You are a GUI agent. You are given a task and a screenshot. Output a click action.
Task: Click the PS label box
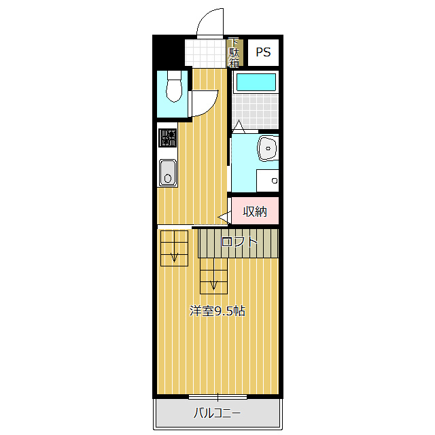point(263,52)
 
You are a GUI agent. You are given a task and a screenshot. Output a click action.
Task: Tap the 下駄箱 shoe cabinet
point(234,53)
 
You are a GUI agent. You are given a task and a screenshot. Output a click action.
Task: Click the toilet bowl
point(174,86)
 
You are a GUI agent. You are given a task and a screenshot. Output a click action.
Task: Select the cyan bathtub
point(256,82)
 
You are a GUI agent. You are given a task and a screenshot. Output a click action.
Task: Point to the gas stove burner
point(168,137)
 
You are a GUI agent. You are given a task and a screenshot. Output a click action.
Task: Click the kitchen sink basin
point(168,173)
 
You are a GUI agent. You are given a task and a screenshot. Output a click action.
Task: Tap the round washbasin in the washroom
point(268,148)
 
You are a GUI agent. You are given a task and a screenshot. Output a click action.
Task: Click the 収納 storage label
point(255,211)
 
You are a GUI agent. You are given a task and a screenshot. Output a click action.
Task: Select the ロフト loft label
point(239,242)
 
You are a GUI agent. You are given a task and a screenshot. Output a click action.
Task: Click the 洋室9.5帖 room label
point(217,311)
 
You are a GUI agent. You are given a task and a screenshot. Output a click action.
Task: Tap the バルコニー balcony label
point(217,413)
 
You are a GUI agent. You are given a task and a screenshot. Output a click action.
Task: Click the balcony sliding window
point(217,397)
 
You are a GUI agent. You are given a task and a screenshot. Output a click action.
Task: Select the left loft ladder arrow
point(174,257)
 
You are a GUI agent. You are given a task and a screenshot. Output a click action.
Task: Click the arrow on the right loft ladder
point(213,285)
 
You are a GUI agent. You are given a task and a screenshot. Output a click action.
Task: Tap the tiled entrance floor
point(205,52)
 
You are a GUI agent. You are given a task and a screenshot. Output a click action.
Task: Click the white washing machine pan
point(267,180)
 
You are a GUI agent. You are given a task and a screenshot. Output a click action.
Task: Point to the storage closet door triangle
point(225,217)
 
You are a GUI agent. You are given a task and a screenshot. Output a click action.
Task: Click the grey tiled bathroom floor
point(256,111)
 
